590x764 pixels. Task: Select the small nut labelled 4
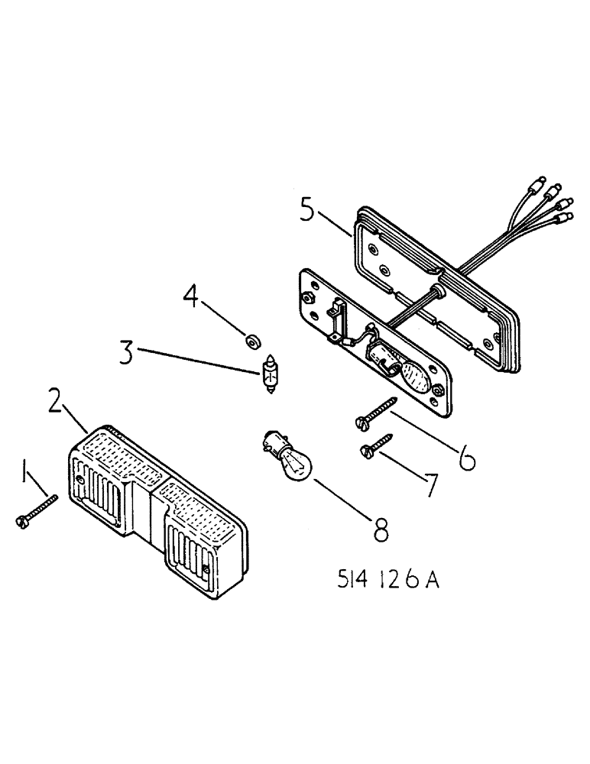pyautogui.click(x=251, y=339)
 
